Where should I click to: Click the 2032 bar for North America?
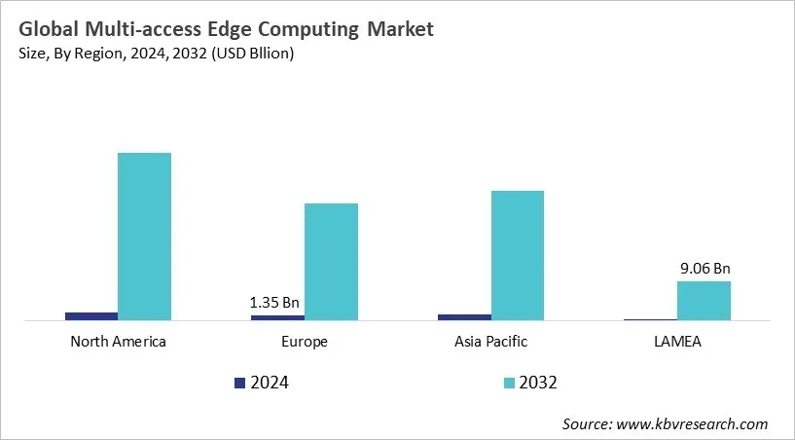click(x=144, y=236)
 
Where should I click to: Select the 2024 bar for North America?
click(x=91, y=315)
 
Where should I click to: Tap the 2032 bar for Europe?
click(x=331, y=261)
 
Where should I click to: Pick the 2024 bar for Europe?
click(x=277, y=317)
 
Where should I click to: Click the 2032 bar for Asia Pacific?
click(x=517, y=255)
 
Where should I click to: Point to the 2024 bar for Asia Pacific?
click(x=464, y=316)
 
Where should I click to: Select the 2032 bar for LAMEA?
click(x=704, y=300)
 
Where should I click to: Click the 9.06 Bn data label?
click(x=705, y=268)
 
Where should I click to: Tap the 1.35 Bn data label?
click(x=276, y=302)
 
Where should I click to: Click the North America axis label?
click(x=119, y=342)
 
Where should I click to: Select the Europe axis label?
click(x=305, y=342)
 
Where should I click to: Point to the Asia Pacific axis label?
click(x=490, y=342)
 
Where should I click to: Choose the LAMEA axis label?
click(x=677, y=342)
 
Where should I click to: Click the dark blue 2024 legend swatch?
click(x=240, y=383)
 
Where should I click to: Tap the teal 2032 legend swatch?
click(x=509, y=383)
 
